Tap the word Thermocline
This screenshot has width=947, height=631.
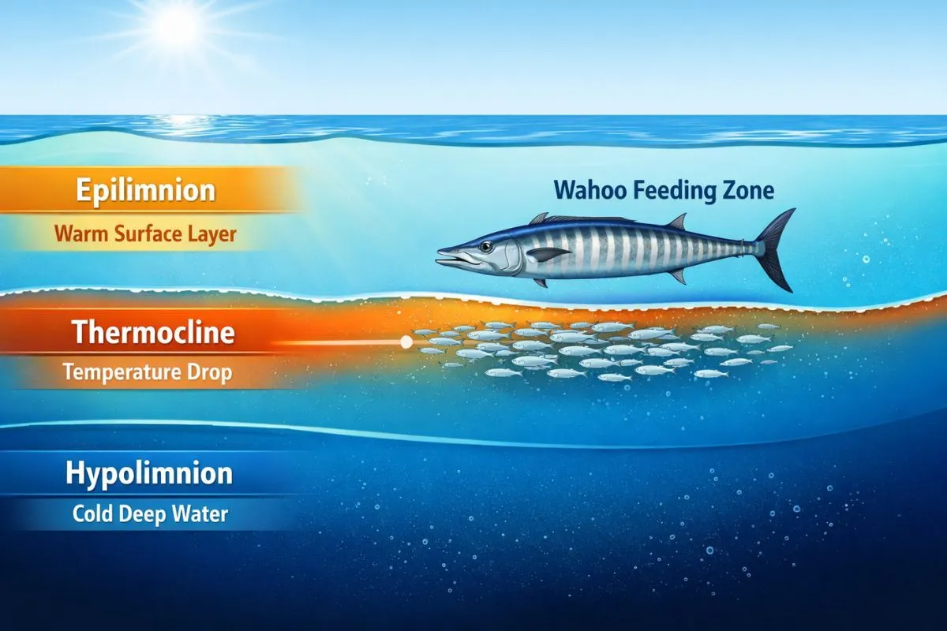pos(153,332)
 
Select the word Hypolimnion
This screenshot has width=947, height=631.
pos(149,473)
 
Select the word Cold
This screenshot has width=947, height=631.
pos(92,514)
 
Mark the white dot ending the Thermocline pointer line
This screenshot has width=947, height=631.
pos(406,342)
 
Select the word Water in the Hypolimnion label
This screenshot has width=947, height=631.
pos(200,514)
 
